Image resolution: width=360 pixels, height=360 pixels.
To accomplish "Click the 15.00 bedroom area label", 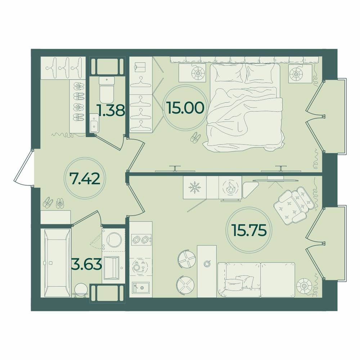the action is pyautogui.click(x=186, y=108).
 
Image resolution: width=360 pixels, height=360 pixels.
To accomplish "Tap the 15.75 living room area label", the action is pyautogui.click(x=249, y=230).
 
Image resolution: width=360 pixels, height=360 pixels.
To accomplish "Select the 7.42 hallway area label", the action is pyautogui.click(x=85, y=179).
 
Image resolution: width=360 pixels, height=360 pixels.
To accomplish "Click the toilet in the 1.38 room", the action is pyautogui.click(x=107, y=90).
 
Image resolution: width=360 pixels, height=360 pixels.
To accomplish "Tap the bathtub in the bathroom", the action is pyautogui.click(x=57, y=263).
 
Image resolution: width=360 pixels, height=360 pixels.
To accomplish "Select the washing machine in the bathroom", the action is pyautogui.click(x=114, y=240).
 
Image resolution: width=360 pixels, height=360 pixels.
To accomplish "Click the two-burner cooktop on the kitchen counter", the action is pyautogui.click(x=141, y=240).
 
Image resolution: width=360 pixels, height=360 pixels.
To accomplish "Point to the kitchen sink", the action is pyautogui.click(x=140, y=287).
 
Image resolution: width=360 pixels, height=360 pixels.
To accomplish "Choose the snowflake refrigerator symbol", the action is pyautogui.click(x=194, y=187).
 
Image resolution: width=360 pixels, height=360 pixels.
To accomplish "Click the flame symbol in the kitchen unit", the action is pyautogui.click(x=230, y=187).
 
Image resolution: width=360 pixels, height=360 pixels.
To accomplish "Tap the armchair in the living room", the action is pyautogui.click(x=294, y=205).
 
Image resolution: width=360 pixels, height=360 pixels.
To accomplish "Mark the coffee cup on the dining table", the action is pyautogui.click(x=207, y=264).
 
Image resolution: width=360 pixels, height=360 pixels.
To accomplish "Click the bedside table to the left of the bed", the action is pyautogui.click(x=192, y=73).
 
